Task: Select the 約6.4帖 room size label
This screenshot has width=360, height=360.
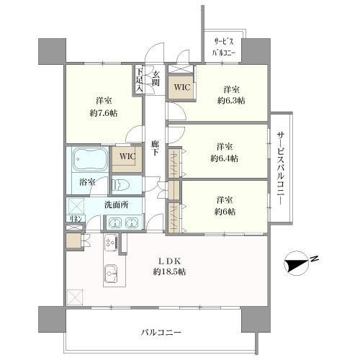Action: (225, 157)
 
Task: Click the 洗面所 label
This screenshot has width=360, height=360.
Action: (116, 204)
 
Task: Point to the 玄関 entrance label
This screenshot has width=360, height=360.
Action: (156, 77)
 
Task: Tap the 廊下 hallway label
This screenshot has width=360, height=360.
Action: (156, 148)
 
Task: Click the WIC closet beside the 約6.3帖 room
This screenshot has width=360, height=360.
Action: (181, 88)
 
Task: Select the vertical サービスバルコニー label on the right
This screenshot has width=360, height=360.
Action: (281, 169)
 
